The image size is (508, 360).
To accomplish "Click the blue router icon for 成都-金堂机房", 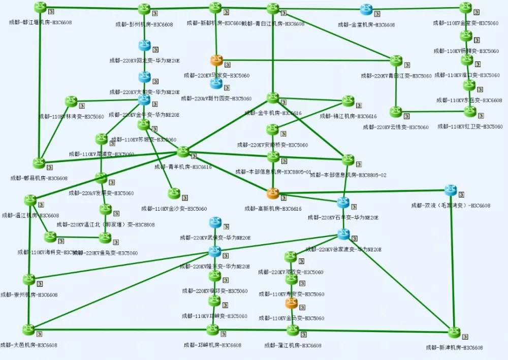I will tap(367, 9).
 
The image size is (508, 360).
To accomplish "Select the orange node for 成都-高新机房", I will tap(273, 193).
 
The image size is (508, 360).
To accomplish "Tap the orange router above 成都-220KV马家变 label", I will tap(217, 60).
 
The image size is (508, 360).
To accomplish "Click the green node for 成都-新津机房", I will tap(454, 333).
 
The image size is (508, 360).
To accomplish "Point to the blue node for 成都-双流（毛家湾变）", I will tap(451, 190).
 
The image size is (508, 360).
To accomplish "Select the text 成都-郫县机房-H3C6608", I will tap(39, 178).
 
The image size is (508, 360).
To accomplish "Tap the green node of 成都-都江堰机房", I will tap(41, 7).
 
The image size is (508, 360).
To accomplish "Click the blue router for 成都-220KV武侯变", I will tap(215, 222).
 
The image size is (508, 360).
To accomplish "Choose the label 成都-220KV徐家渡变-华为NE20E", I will tap(343, 249).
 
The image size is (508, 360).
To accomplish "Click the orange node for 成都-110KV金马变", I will tap(291, 303).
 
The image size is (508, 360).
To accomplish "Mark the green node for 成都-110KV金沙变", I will tap(174, 193).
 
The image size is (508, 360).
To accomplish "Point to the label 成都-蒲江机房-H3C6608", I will tap(293, 345).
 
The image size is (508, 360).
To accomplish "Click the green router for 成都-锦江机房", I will tap(348, 101).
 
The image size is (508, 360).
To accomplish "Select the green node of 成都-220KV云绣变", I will tap(396, 112).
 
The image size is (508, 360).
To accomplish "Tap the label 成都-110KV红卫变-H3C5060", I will tap(470, 126).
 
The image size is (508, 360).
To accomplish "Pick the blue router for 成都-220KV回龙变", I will tap(144, 46).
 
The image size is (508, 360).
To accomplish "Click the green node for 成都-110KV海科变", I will tap(50, 237).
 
